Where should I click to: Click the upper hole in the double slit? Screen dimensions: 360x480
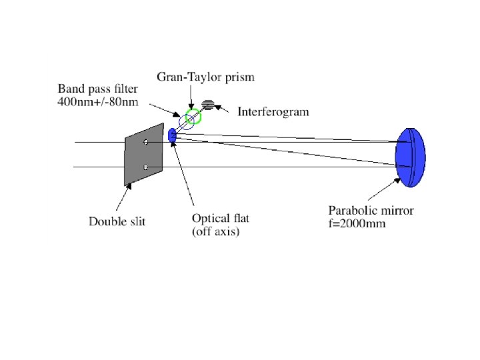point(145,141)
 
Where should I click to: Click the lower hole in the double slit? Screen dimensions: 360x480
point(145,167)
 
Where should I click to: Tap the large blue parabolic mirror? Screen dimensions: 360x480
point(409,156)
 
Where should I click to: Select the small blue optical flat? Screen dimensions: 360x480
point(173,135)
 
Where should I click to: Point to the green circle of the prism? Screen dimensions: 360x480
point(193,118)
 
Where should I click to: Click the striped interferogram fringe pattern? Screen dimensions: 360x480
point(209,105)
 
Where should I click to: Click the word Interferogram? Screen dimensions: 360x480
point(273,111)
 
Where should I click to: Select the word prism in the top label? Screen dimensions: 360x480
point(239,78)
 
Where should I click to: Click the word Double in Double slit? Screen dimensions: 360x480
point(109,221)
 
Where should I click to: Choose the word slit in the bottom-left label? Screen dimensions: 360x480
point(138,221)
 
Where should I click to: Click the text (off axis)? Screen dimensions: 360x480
point(215,231)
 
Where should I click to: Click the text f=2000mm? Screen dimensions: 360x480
point(357,224)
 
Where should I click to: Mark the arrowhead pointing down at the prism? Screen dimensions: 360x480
point(191,106)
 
